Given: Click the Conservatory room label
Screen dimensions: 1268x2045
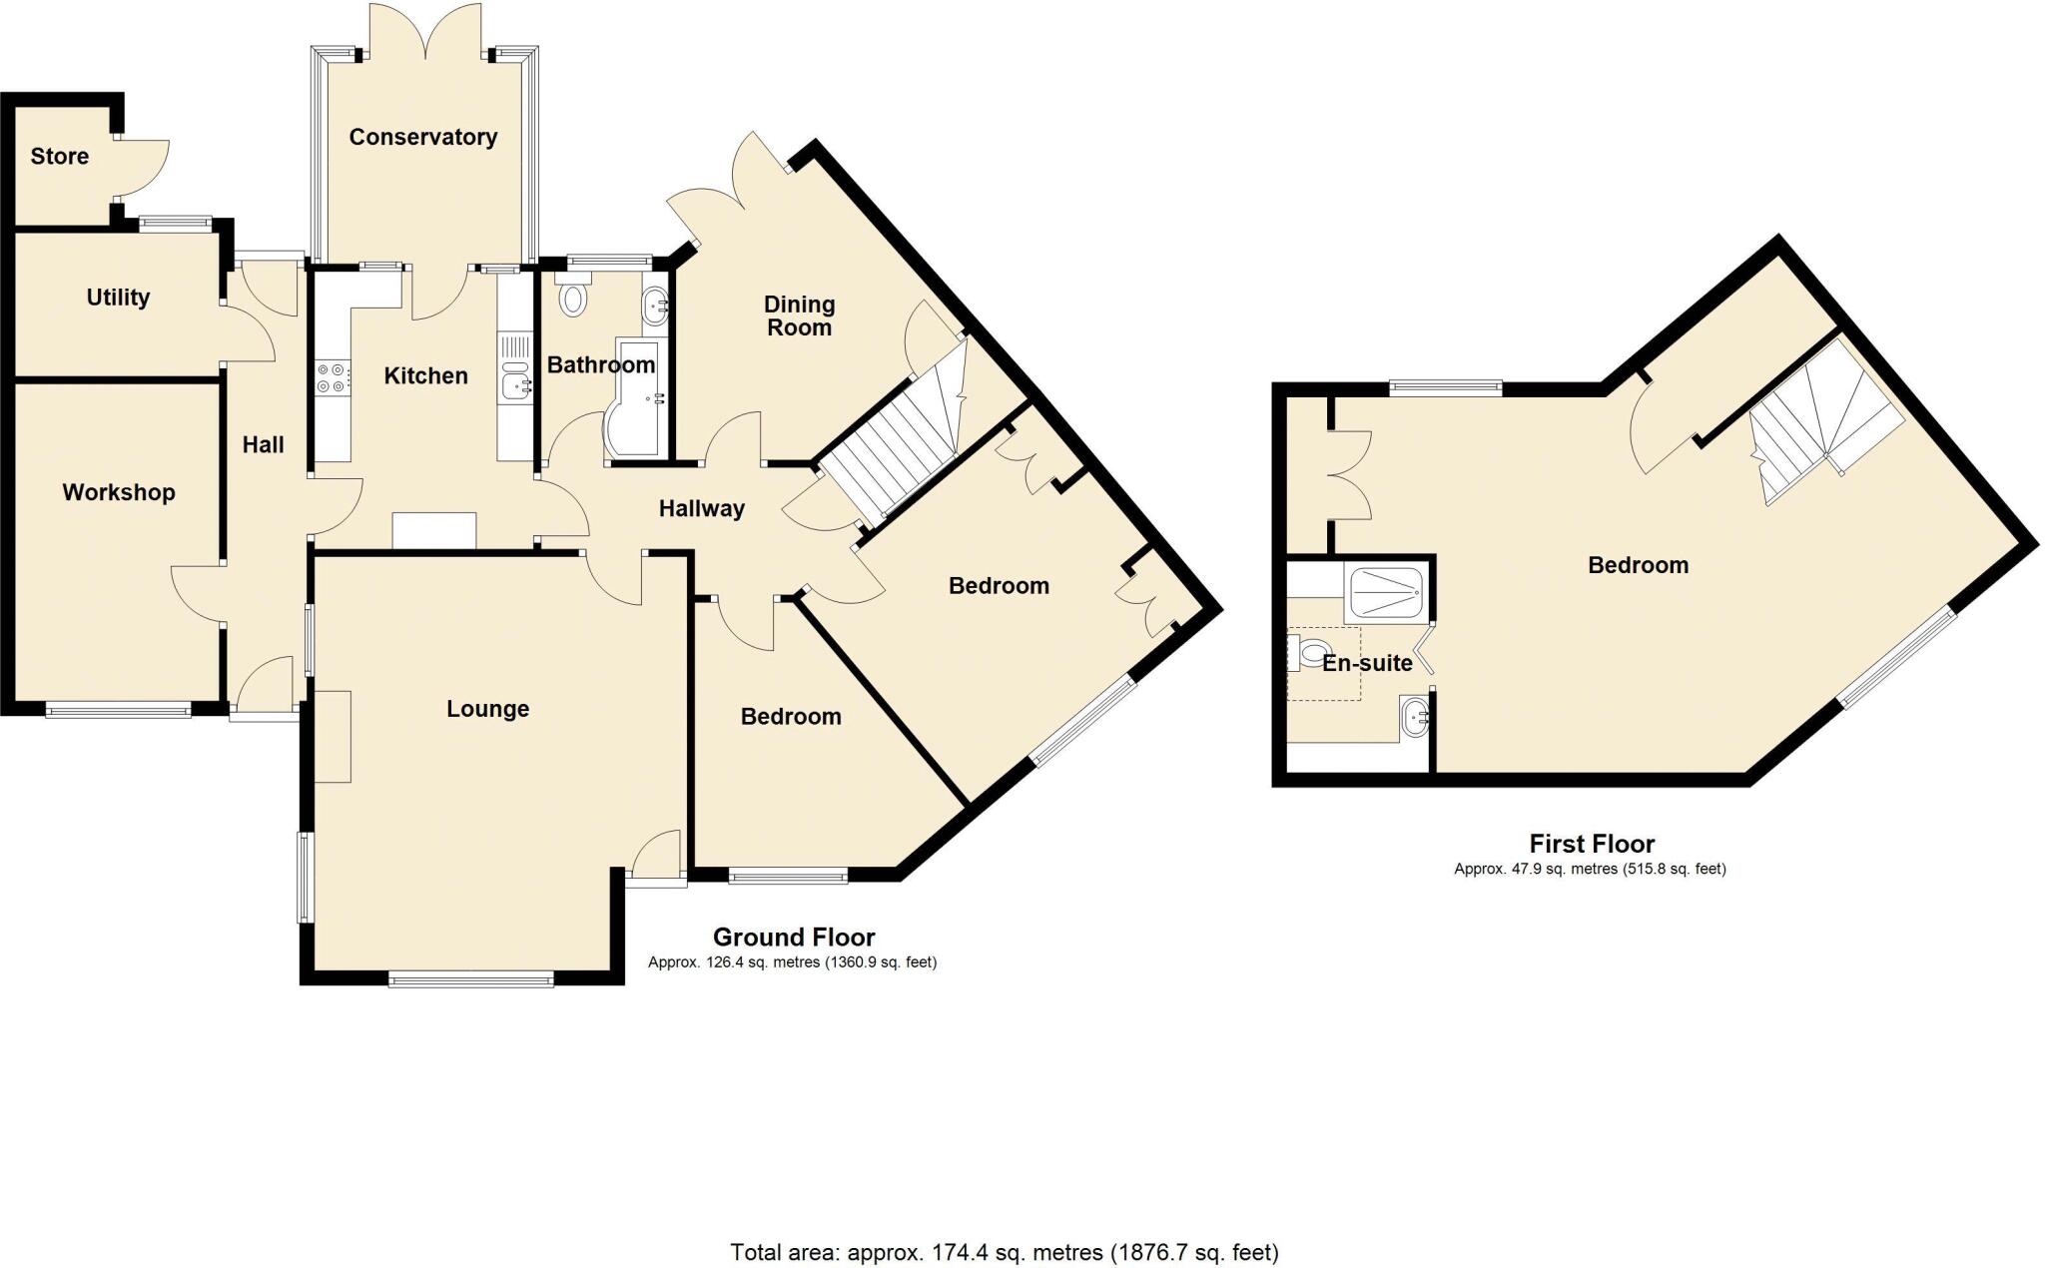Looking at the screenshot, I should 422,137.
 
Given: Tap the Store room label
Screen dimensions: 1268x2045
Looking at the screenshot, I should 59,156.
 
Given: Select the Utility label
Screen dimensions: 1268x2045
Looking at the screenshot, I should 118,297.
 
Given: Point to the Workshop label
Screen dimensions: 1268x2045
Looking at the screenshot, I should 118,492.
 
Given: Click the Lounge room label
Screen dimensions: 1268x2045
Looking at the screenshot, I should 487,709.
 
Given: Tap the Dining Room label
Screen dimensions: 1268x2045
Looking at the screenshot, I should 799,316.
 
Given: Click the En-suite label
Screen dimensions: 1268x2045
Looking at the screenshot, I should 1367,663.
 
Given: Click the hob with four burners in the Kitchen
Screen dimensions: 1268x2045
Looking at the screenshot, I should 331,378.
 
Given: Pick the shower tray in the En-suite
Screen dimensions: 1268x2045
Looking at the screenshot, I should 1386,593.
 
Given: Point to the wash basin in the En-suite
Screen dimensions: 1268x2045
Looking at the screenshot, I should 1415,717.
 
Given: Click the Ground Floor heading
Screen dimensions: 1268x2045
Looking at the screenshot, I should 794,938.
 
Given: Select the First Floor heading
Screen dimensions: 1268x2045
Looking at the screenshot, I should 1592,844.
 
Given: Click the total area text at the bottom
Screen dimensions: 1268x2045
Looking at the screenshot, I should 1004,1252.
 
